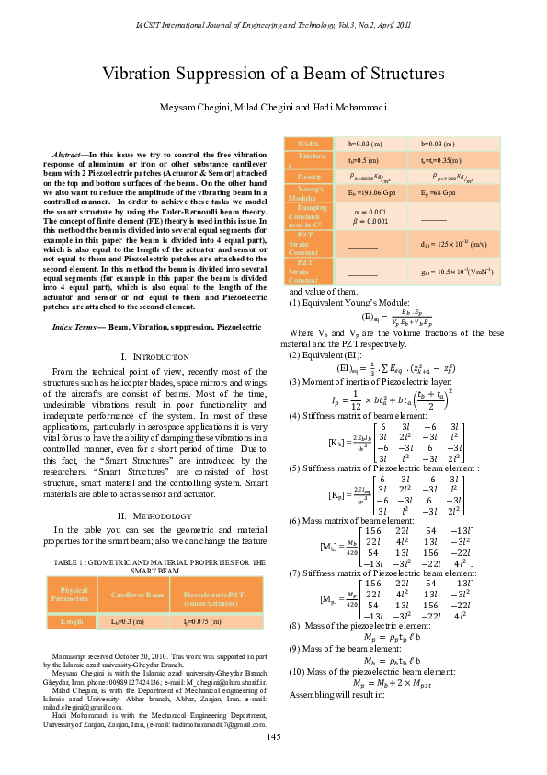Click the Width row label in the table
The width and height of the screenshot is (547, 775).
pyautogui.click(x=310, y=144)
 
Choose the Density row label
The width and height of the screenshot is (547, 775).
pyautogui.click(x=310, y=176)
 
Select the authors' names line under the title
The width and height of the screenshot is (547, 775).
pyautogui.click(x=273, y=108)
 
